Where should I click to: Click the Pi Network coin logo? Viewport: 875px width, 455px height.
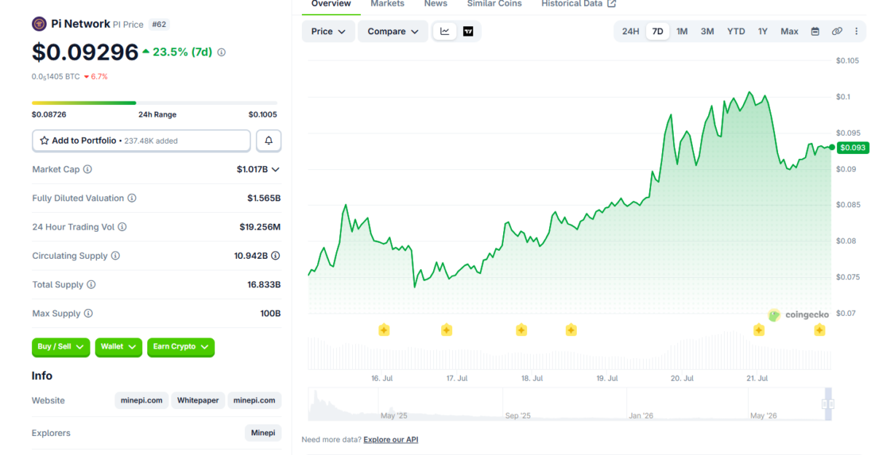point(39,24)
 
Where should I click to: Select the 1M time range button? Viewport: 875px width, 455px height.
point(682,31)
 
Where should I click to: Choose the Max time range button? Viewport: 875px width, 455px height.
point(789,31)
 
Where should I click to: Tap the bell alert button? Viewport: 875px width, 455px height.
point(268,141)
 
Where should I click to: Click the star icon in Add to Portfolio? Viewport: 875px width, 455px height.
point(44,141)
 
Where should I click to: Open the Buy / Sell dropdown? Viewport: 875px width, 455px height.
point(61,347)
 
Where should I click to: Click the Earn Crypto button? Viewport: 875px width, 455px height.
point(181,347)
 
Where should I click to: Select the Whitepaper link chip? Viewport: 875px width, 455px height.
point(198,400)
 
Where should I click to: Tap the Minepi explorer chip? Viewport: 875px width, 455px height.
point(263,432)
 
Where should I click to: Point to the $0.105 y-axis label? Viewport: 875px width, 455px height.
point(847,61)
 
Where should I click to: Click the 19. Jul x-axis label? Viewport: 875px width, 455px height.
point(607,378)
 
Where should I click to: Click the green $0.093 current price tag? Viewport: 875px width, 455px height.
point(852,147)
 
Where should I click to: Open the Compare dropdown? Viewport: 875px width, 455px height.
point(392,31)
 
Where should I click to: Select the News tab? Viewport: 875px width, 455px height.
point(435,4)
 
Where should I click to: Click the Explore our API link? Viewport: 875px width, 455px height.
point(391,440)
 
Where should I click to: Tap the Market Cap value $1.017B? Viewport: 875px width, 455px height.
point(252,169)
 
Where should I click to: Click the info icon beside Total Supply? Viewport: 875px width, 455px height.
point(91,284)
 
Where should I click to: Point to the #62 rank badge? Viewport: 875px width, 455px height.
point(159,24)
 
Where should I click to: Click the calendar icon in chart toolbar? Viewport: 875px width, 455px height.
point(815,31)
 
